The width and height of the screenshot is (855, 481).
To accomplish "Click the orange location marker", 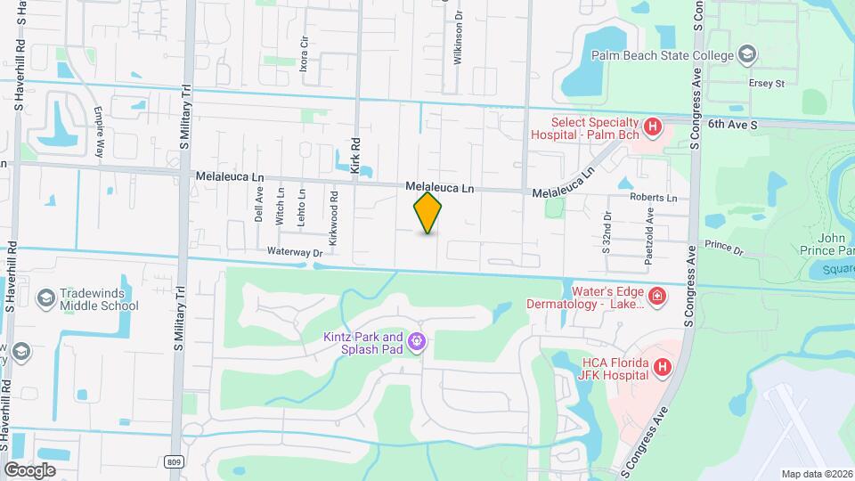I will coord(428,213).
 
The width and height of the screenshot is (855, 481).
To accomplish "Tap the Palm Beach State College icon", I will coord(746,56).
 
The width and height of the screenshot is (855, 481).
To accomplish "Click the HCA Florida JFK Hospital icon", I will coord(662,367).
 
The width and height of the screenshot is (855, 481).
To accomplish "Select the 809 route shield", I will coord(176,460).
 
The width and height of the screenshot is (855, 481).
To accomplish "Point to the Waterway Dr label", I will coord(294,253).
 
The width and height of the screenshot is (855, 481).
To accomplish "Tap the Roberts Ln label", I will coord(653,198).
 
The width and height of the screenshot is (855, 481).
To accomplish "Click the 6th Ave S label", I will coord(732,126).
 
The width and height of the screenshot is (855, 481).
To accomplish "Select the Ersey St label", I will coord(766,84).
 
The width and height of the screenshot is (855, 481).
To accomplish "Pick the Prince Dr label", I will coord(723,247).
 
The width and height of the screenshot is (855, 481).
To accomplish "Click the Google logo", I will coord(29,469).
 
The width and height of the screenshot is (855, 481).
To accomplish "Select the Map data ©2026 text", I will coord(816,474).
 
